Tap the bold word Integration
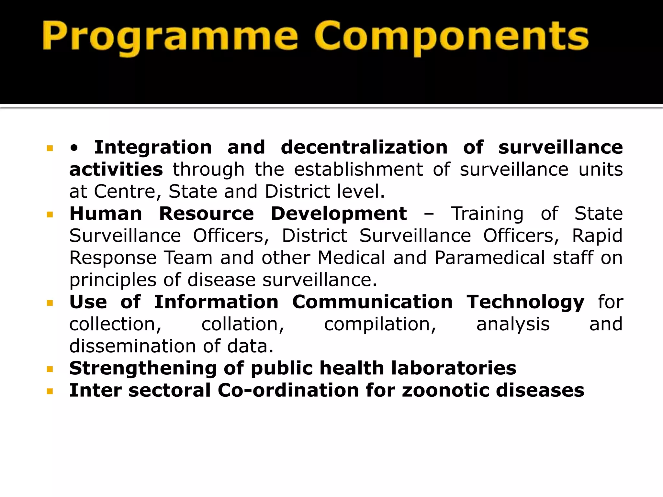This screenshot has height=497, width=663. [x=153, y=148]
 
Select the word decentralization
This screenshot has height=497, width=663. [x=364, y=148]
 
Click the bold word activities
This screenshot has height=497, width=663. [x=116, y=170]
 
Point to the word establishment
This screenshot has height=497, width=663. [x=358, y=170]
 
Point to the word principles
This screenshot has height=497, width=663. [x=113, y=280]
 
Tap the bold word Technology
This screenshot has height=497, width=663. [x=525, y=302]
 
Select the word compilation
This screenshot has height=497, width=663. [x=380, y=324]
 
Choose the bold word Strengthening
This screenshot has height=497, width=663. [x=143, y=368]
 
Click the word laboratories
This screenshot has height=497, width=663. [x=454, y=368]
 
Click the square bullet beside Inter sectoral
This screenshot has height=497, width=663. [x=50, y=392]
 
